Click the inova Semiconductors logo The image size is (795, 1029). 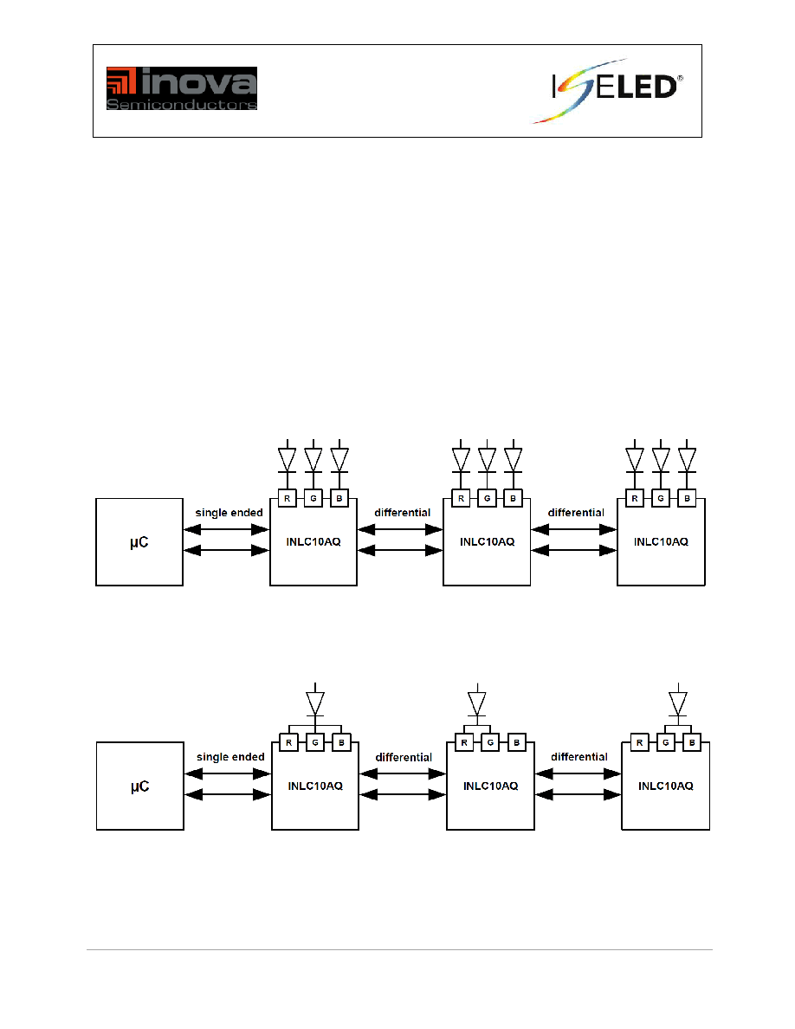coord(182,88)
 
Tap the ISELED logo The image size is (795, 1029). coord(607,91)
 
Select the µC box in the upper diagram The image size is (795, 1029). coord(139,542)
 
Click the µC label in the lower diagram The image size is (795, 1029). coord(139,786)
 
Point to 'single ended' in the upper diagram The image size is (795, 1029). coord(229,513)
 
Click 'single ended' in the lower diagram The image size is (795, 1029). coord(230,757)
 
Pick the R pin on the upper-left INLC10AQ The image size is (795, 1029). coord(288,499)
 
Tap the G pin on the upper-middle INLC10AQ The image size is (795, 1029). coord(487,499)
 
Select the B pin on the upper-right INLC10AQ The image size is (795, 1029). coord(687,499)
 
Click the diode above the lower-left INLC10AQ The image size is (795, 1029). coord(315,702)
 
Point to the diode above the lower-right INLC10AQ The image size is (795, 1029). coord(677,702)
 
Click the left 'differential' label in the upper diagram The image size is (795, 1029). coord(402,513)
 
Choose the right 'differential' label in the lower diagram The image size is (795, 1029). coord(579,757)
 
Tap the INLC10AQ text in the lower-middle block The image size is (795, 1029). coord(491,786)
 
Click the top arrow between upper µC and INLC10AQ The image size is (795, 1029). coord(226,529)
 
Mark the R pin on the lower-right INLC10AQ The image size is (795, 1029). coord(639,743)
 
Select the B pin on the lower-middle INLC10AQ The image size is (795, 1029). coord(516,743)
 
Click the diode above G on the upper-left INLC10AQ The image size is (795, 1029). coord(313,459)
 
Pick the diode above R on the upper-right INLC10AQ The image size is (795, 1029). coord(634,459)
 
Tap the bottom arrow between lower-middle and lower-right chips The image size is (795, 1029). coord(578,795)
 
